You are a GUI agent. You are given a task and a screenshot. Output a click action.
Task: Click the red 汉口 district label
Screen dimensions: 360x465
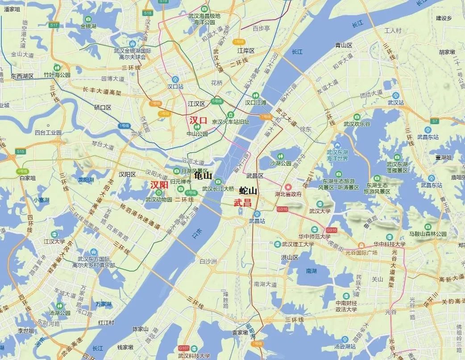199,120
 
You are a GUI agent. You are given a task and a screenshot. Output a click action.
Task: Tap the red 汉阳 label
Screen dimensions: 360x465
159,184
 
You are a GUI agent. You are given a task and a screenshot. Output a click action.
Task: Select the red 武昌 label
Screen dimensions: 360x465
243,202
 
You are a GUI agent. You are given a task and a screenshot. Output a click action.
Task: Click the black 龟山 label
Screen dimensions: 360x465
203,176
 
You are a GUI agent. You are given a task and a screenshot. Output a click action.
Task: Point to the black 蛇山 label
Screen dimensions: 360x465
248,191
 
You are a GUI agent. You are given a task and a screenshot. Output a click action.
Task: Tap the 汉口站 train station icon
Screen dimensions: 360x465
175,79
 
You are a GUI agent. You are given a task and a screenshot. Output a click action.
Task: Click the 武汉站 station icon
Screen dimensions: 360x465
395,95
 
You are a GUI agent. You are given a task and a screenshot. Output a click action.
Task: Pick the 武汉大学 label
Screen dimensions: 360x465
320,211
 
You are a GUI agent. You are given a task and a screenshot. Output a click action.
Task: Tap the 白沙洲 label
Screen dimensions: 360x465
208,261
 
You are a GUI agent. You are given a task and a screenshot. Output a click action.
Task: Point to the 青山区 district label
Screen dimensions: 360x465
344,45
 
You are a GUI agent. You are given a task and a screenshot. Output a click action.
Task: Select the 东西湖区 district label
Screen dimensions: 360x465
22,76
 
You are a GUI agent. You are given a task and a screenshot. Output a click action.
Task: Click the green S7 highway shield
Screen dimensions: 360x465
435,121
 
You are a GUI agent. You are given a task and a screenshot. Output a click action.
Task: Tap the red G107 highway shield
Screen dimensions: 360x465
183,348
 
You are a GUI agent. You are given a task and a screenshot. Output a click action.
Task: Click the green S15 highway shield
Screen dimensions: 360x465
21,152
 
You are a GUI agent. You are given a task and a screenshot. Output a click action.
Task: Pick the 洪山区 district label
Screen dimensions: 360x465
290,258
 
